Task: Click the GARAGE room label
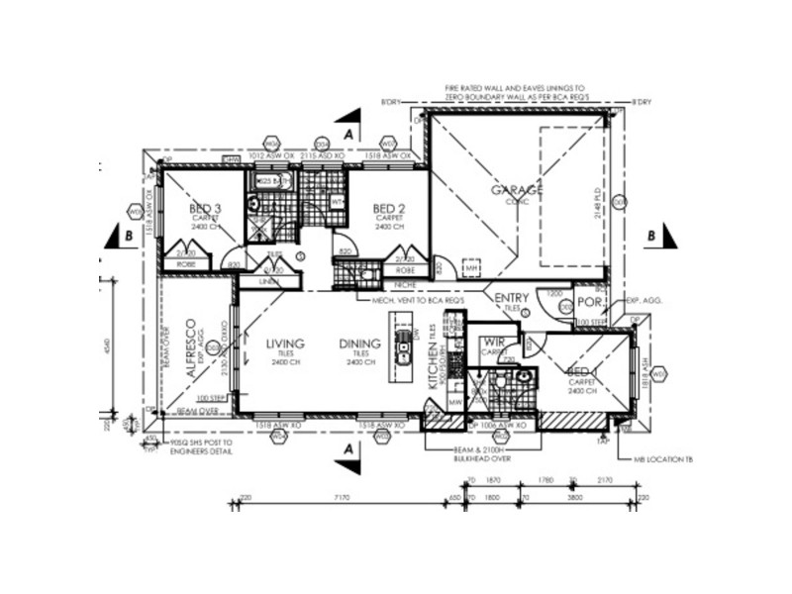(517, 189)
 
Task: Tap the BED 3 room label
(206, 209)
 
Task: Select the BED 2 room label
(385, 209)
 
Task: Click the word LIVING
(285, 344)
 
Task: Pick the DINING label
(357, 344)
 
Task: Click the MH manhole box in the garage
(472, 267)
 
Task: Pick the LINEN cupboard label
(264, 282)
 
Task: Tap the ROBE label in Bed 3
(185, 264)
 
